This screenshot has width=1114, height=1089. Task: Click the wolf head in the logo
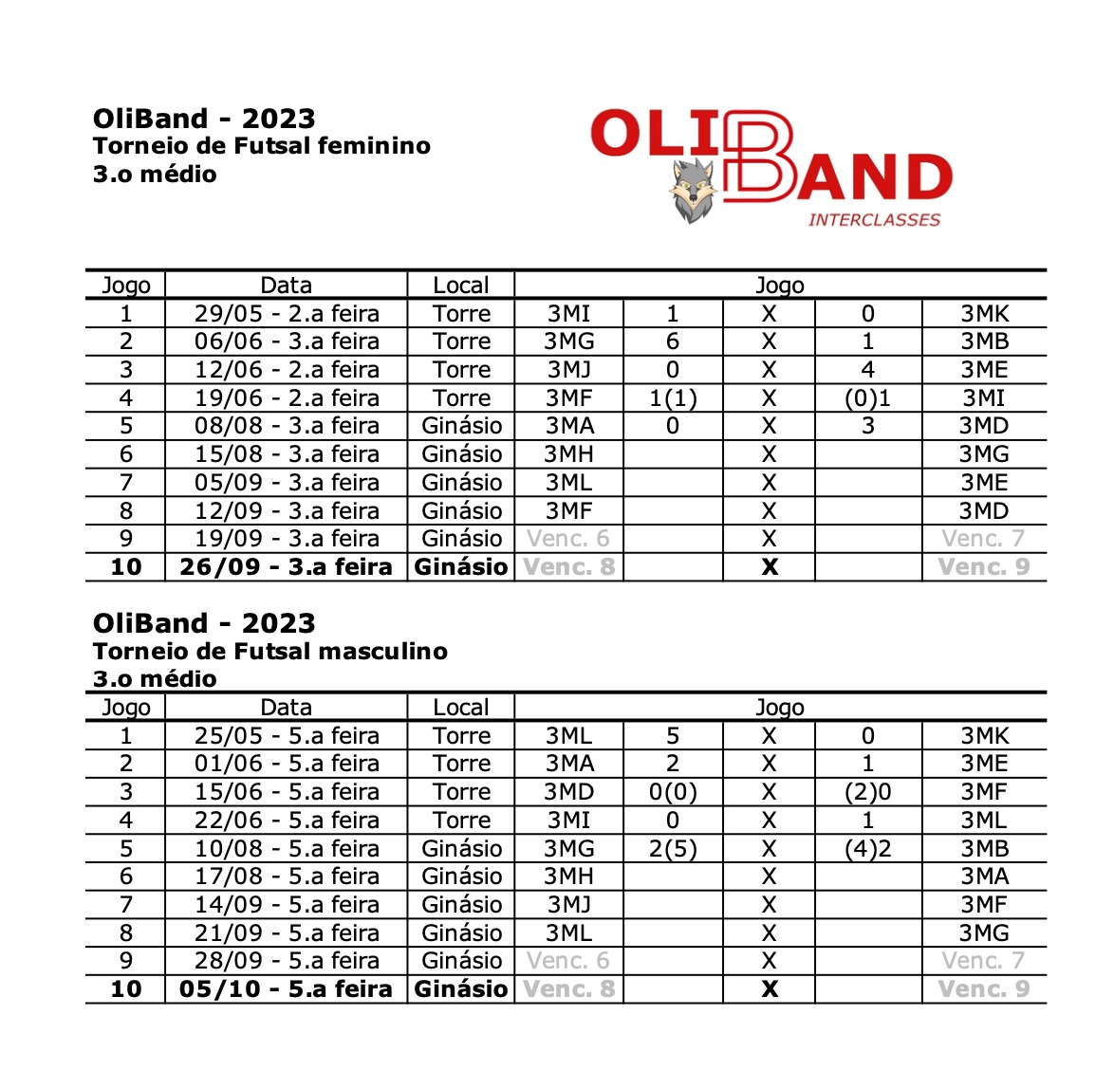click(x=693, y=190)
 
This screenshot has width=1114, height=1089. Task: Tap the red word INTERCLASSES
click(x=874, y=220)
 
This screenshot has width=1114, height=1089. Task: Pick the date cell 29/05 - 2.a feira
click(x=287, y=314)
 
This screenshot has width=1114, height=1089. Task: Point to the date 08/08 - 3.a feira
click(x=287, y=426)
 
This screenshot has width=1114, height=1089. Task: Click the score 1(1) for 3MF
click(x=673, y=398)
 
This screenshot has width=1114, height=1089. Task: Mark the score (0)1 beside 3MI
click(x=867, y=398)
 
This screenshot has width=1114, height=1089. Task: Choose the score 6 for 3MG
click(x=673, y=341)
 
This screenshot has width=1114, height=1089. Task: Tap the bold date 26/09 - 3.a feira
click(x=286, y=567)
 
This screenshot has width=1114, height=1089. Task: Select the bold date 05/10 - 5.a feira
click(x=286, y=989)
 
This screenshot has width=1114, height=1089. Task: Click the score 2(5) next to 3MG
click(x=673, y=849)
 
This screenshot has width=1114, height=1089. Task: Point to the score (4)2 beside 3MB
click(x=867, y=849)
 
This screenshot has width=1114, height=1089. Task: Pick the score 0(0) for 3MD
click(x=673, y=792)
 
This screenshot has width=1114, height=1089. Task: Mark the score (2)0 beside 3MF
click(x=867, y=792)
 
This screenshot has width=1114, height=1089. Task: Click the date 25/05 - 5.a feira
click(x=287, y=736)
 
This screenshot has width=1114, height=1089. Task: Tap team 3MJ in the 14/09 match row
click(x=569, y=905)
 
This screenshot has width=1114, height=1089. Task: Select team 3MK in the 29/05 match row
click(x=984, y=314)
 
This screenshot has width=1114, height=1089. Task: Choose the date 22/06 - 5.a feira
click(x=287, y=821)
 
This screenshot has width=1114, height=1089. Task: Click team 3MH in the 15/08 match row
click(x=569, y=454)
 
